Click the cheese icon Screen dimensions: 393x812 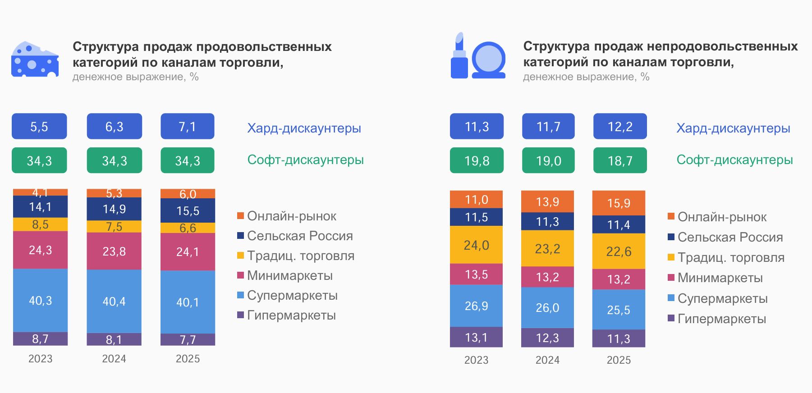[x=35, y=59]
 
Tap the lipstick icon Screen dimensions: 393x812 [x=459, y=56]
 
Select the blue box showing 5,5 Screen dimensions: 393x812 [x=39, y=127]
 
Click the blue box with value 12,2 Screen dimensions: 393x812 [x=620, y=127]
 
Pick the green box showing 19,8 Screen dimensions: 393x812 [x=477, y=160]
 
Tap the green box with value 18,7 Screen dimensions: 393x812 [x=620, y=160]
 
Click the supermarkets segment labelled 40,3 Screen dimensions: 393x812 [x=40, y=301]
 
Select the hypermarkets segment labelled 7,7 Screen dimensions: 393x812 [x=188, y=339]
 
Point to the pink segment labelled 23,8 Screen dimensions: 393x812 [x=114, y=251]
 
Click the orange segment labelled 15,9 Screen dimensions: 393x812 [x=619, y=203]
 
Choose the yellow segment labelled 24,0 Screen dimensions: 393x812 [x=476, y=245]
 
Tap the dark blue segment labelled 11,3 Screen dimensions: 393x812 [x=547, y=221]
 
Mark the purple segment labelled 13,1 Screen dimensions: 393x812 [x=476, y=337]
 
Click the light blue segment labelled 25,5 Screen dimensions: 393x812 [x=619, y=310]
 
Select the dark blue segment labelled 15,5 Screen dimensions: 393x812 [x=188, y=210]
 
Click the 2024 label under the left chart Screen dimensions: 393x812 [x=114, y=359]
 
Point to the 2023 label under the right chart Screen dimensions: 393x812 [x=476, y=360]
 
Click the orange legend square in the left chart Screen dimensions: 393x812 [x=241, y=216]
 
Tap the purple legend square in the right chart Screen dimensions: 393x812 [x=671, y=318]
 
